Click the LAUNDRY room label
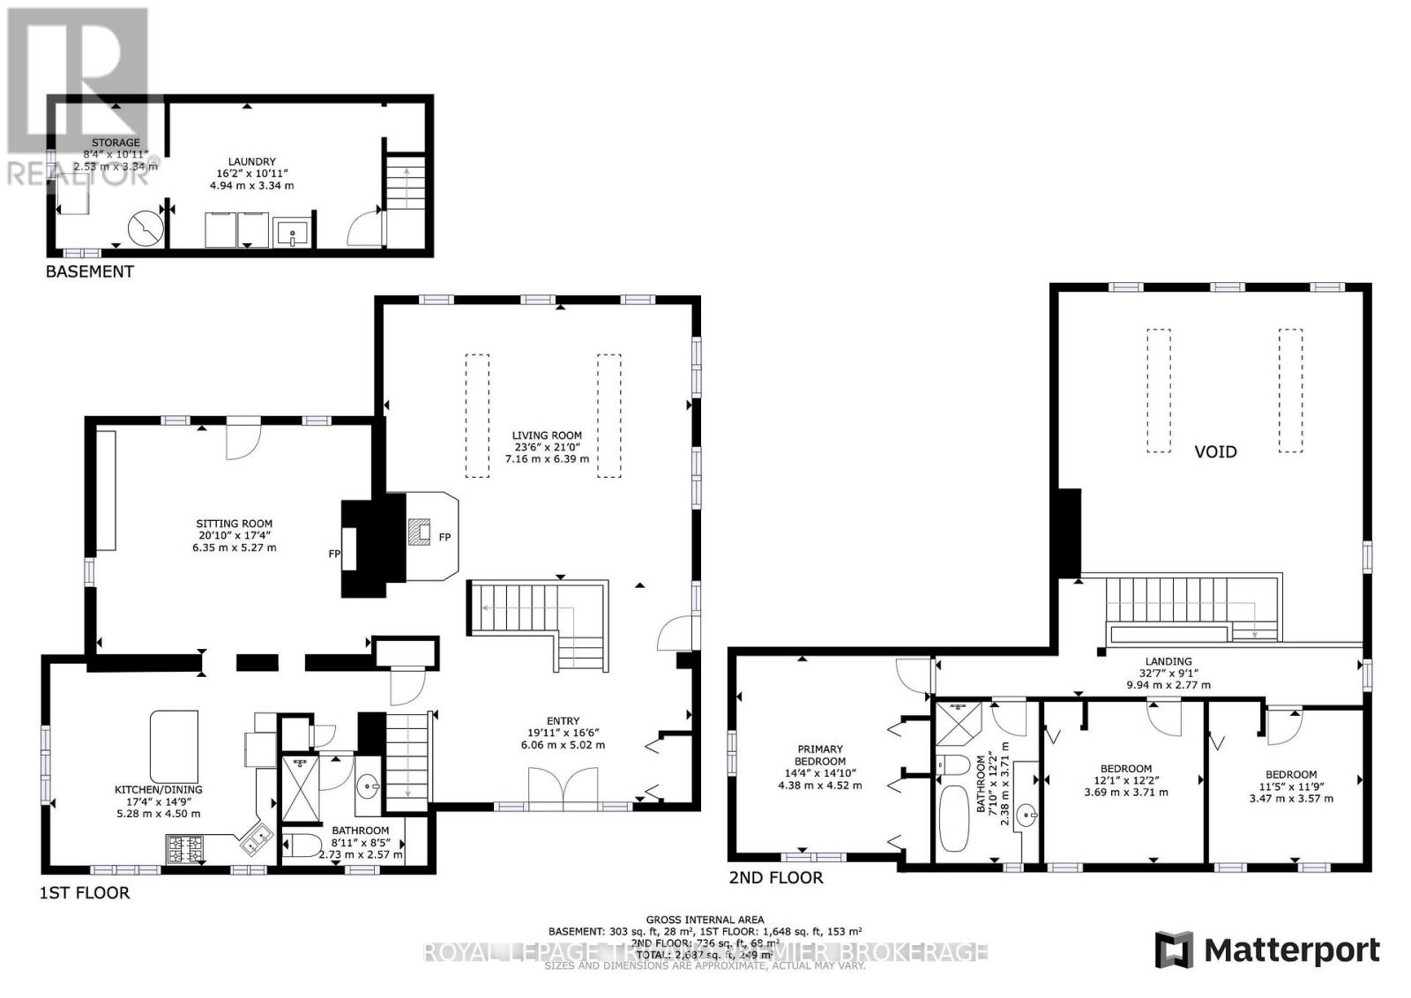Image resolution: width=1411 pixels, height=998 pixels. coord(251,162)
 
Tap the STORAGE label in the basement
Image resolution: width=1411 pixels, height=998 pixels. coord(116,142)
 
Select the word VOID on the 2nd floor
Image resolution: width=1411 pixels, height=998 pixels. coord(1214,451)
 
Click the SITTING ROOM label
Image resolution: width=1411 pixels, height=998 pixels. coord(234,524)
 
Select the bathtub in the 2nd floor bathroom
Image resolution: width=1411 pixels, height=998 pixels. coord(951,819)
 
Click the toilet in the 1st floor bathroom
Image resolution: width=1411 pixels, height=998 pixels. coord(302,847)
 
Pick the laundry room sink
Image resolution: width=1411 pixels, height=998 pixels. coord(292,234)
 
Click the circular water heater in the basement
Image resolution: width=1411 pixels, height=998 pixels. coord(146,227)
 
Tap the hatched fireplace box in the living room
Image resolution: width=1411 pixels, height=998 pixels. coord(420,532)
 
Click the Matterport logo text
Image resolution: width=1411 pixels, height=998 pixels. coord(1291,950)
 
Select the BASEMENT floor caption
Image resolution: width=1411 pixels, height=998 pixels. coord(89,272)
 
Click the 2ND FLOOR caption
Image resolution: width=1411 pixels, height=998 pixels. coord(775,878)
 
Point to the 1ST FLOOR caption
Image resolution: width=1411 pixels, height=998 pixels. coord(85,893)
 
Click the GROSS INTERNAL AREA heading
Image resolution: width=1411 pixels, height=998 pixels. coord(705,920)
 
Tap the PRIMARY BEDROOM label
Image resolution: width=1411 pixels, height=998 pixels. coord(819,756)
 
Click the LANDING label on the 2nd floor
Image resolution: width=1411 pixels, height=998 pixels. coord(1168,661)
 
